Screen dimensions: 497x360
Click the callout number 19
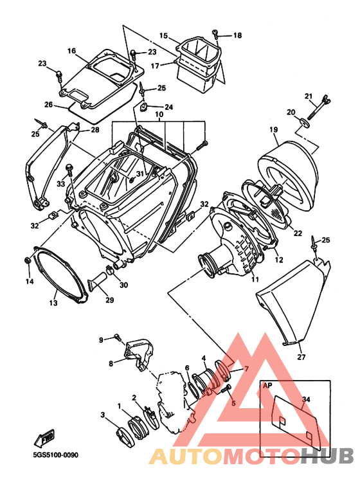tap(273, 130)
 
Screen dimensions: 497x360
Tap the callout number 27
tap(301, 357)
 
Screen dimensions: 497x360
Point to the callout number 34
tap(305, 399)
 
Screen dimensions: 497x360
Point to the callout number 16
tap(71, 51)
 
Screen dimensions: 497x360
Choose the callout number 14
tap(29, 282)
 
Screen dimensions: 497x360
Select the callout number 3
tap(102, 415)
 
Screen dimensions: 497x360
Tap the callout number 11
tap(255, 280)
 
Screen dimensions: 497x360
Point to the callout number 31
tap(140, 174)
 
